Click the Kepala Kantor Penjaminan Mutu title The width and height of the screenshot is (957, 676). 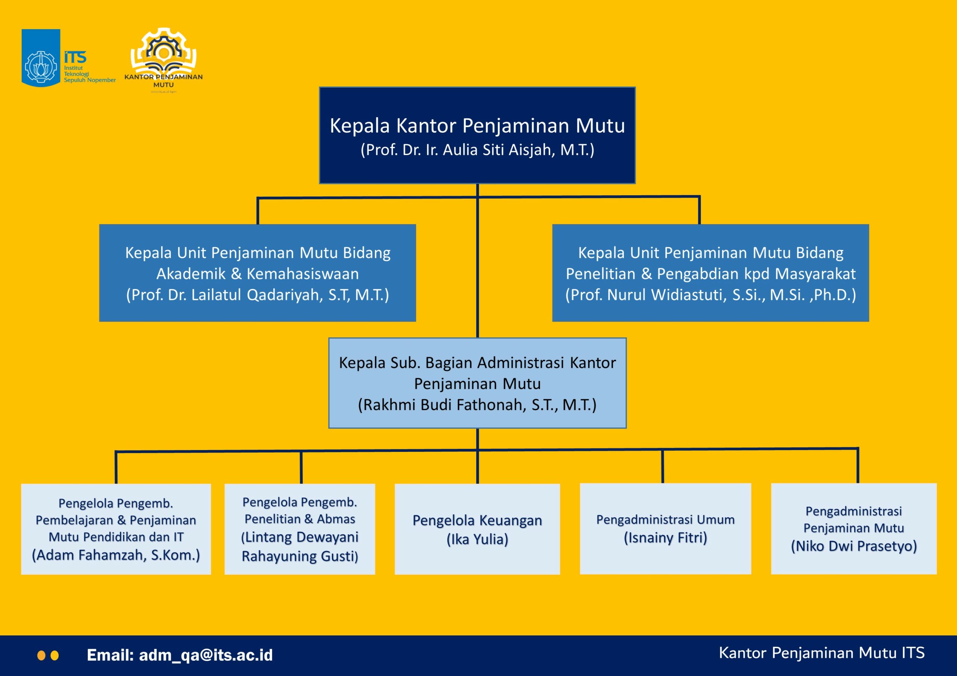pyautogui.click(x=477, y=126)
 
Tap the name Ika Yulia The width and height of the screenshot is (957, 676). pyautogui.click(x=477, y=539)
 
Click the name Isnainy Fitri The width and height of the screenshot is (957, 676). pyautogui.click(x=665, y=538)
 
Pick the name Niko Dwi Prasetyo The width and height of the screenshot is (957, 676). pyautogui.click(x=853, y=546)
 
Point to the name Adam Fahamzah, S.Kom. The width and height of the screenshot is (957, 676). pyautogui.click(x=116, y=555)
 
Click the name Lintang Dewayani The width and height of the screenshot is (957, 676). pyautogui.click(x=300, y=537)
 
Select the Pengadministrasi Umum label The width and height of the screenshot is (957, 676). pyautogui.click(x=665, y=520)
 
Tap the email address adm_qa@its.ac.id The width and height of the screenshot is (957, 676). pyautogui.click(x=206, y=655)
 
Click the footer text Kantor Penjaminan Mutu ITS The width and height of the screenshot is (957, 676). pyautogui.click(x=822, y=653)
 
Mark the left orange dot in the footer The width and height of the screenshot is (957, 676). pyautogui.click(x=41, y=655)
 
